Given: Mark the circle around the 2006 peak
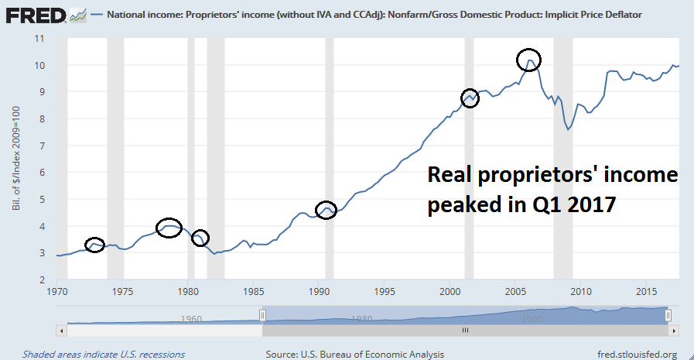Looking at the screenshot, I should pyautogui.click(x=528, y=59).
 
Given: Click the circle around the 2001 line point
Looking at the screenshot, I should pyautogui.click(x=470, y=98).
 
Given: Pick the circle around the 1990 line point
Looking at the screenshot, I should pyautogui.click(x=326, y=210).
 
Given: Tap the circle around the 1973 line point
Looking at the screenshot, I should pyautogui.click(x=94, y=245).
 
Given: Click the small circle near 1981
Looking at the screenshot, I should pyautogui.click(x=200, y=238).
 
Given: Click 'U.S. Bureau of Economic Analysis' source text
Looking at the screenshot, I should pyautogui.click(x=377, y=355).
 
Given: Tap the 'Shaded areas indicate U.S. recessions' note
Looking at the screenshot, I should pyautogui.click(x=104, y=355).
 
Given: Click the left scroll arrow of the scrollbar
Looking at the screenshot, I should pyautogui.click(x=62, y=329).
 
